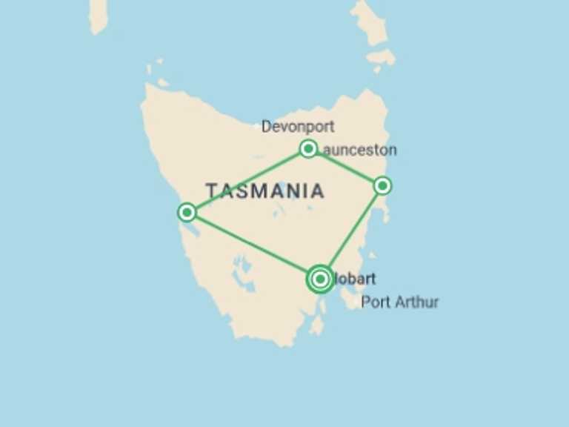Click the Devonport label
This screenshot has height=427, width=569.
(298, 127)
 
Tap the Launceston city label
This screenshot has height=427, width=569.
(359, 150)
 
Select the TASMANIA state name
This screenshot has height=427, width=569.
(265, 191)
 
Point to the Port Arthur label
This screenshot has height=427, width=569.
(400, 302)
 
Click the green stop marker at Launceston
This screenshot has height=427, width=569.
(308, 149)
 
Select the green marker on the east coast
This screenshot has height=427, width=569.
(382, 185)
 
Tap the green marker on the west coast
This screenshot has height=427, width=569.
(187, 213)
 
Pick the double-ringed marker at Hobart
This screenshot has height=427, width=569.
(320, 279)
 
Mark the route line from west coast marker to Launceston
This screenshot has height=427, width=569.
(247, 181)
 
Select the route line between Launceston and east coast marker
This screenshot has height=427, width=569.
(345, 168)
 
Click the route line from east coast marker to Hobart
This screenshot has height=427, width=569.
(351, 232)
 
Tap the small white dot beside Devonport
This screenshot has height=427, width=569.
(257, 127)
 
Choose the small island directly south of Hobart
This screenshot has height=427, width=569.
(318, 325)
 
